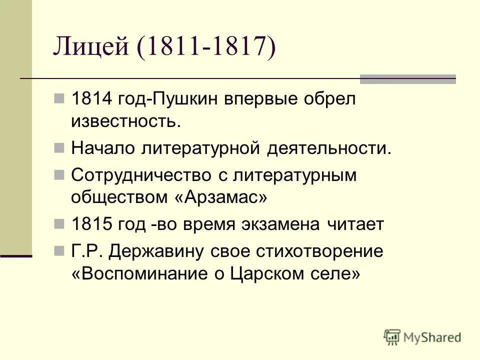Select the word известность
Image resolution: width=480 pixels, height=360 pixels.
pyautogui.click(x=125, y=121)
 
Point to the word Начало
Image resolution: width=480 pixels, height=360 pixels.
pyautogui.click(x=103, y=148)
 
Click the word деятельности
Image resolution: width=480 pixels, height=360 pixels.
pyautogui.click(x=326, y=148)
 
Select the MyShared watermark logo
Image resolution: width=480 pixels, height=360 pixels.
pyautogui.click(x=422, y=336)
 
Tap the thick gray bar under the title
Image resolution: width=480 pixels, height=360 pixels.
pyautogui.click(x=408, y=79)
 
